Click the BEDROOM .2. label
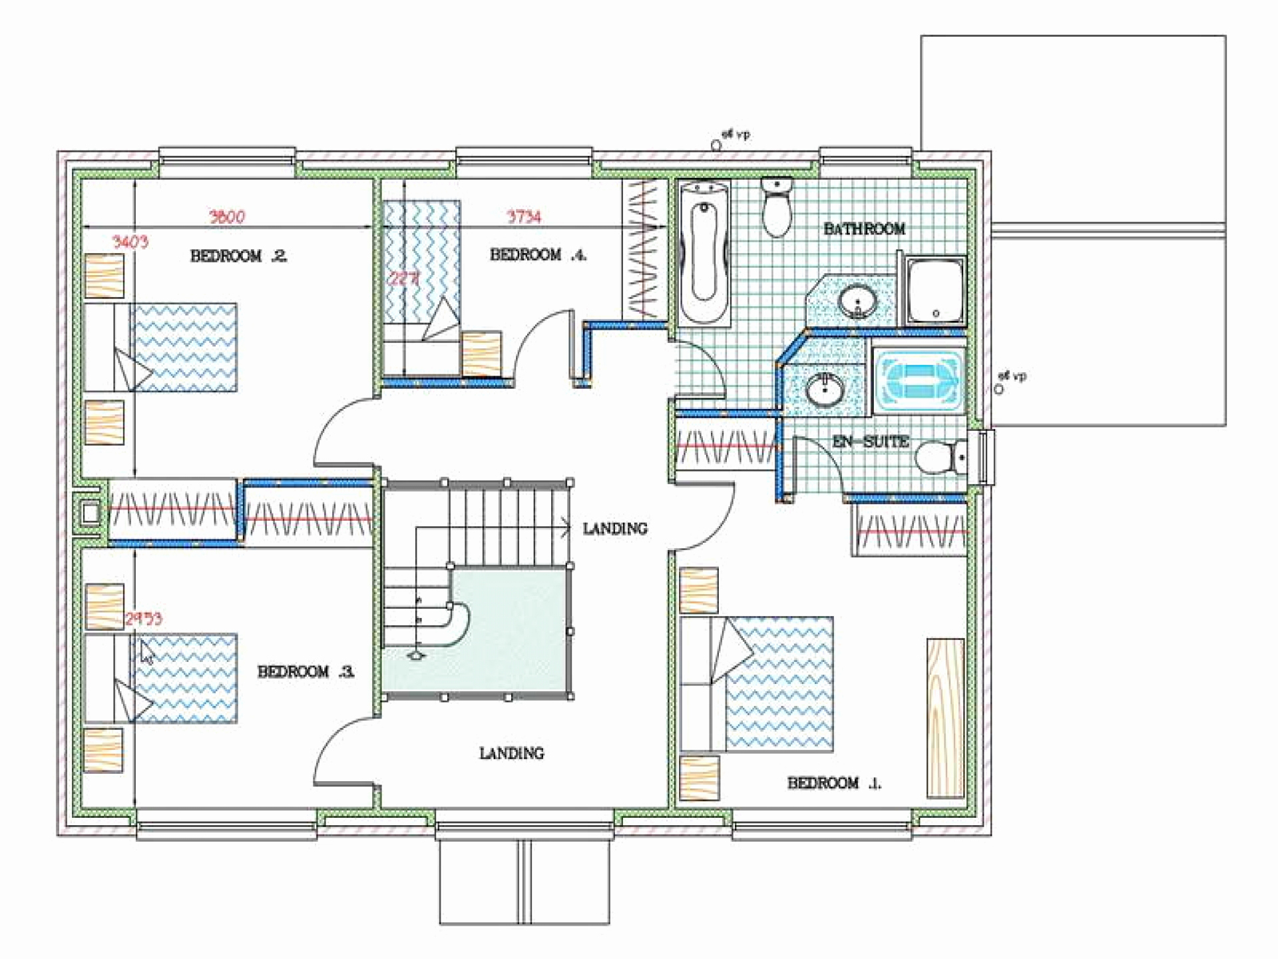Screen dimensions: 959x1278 pyautogui.click(x=238, y=256)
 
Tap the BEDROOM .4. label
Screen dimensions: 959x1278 pyautogui.click(x=538, y=254)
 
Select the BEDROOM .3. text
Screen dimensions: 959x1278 pyautogui.click(x=306, y=671)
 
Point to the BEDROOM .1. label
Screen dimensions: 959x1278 pyautogui.click(x=834, y=783)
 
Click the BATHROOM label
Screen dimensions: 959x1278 pyautogui.click(x=864, y=229)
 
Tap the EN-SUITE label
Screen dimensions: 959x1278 pyautogui.click(x=871, y=442)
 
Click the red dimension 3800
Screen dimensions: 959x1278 pyautogui.click(x=227, y=216)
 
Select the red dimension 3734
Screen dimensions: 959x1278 pyautogui.click(x=524, y=216)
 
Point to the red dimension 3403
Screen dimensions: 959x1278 pyautogui.click(x=130, y=242)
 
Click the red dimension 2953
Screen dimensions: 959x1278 pyautogui.click(x=144, y=619)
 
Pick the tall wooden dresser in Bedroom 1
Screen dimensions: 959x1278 pyautogui.click(x=945, y=718)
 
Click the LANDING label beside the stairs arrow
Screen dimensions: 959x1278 pyautogui.click(x=614, y=529)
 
